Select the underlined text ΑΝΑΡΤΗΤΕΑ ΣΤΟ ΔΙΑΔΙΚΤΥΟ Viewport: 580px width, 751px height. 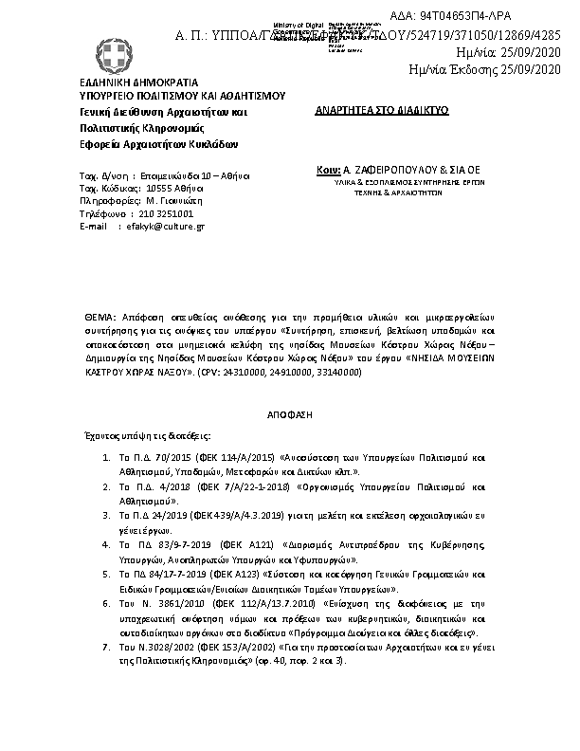pos(382,111)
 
